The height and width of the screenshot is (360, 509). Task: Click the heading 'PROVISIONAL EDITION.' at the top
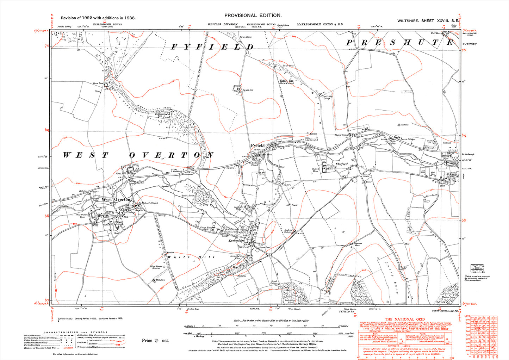pos(253,15)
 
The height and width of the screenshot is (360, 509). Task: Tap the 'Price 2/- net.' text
pos(156,340)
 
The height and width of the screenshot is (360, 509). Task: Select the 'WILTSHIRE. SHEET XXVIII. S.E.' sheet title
pos(428,21)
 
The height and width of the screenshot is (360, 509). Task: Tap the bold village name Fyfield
pos(257,145)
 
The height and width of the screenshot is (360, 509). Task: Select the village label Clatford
pos(341,164)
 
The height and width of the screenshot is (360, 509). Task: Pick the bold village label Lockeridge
pos(236,240)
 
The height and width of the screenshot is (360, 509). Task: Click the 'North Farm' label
pos(120,173)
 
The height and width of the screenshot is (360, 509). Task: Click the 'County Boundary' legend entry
pos(32,335)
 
